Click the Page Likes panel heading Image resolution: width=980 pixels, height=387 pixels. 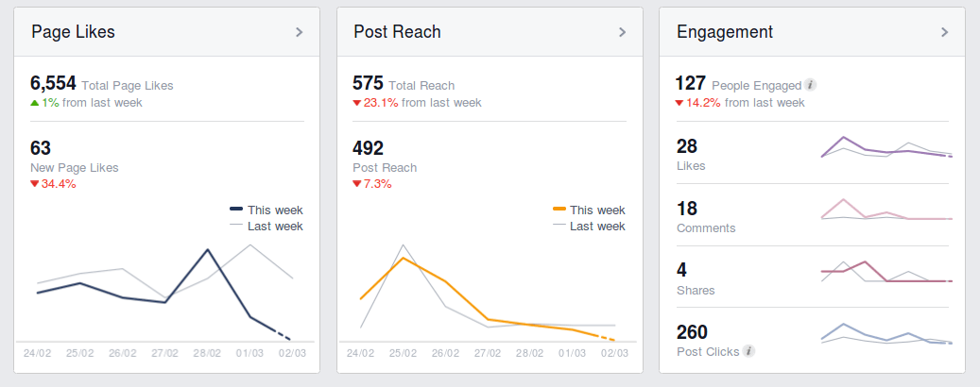click(x=73, y=32)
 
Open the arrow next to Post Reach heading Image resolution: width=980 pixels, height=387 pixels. click(x=622, y=32)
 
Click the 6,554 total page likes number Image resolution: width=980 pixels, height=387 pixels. click(x=53, y=83)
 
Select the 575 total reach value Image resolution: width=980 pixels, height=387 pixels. click(x=367, y=83)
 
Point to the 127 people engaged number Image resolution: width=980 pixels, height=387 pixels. click(x=690, y=83)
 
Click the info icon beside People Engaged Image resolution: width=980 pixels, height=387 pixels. click(x=811, y=85)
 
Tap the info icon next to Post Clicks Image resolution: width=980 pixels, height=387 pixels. click(x=748, y=351)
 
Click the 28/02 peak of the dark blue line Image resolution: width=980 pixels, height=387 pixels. click(x=208, y=249)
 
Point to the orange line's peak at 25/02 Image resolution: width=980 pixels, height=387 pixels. click(x=404, y=258)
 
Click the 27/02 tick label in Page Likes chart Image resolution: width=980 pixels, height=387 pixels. click(x=165, y=354)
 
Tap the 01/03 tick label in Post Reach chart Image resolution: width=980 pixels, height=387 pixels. click(x=572, y=354)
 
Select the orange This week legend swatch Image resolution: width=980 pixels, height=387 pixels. click(x=559, y=210)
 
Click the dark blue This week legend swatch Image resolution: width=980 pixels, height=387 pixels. click(x=236, y=210)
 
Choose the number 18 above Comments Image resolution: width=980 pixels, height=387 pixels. click(x=687, y=208)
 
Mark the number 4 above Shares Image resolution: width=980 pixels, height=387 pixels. click(x=682, y=270)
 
